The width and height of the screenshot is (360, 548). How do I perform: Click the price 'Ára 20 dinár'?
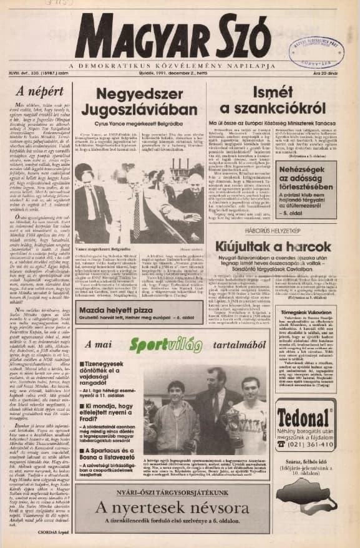[x=336, y=73]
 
